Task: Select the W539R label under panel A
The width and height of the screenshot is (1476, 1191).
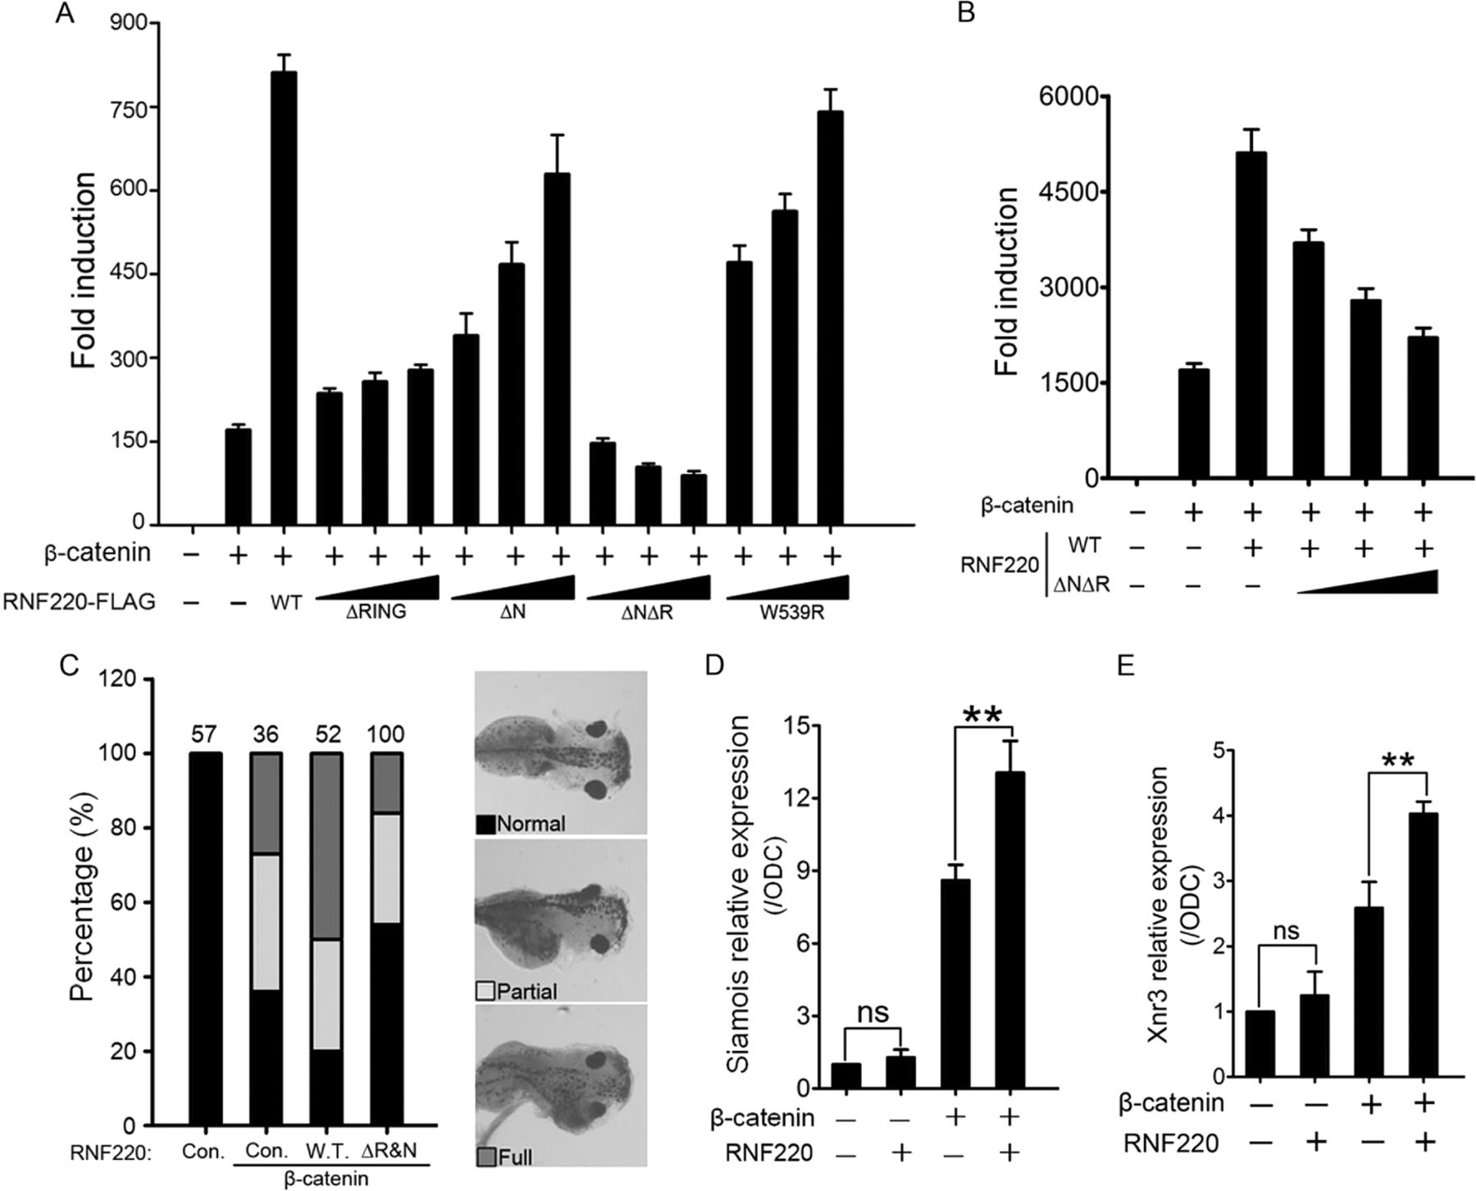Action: [787, 635]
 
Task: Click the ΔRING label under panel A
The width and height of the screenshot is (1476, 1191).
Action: [376, 635]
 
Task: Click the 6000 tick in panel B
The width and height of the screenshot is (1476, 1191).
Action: [1064, 97]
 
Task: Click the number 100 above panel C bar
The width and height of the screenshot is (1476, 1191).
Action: [386, 734]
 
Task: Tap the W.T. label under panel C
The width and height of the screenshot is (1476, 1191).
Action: [326, 1150]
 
